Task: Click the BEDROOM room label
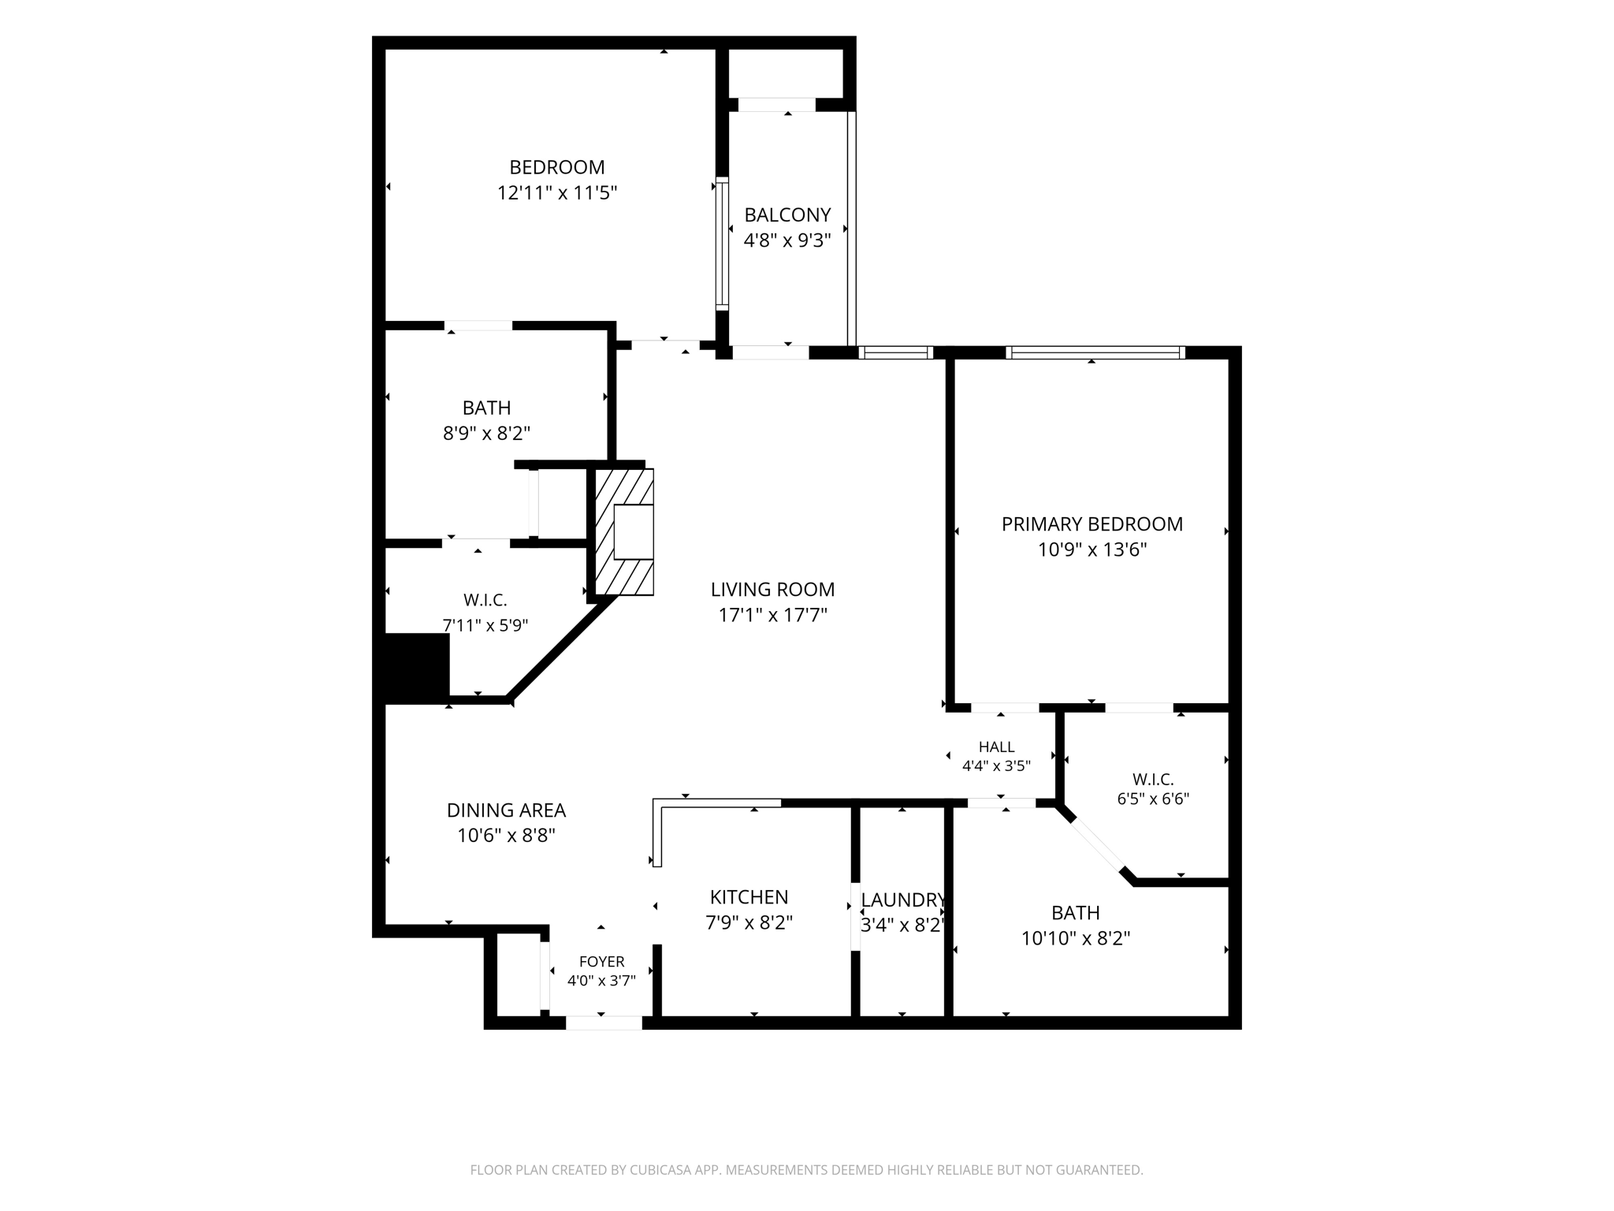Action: coord(557,167)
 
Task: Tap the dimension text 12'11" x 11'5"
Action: coord(557,193)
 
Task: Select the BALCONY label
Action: coord(787,214)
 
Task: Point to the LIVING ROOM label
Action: coord(772,589)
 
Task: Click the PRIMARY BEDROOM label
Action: coord(1091,524)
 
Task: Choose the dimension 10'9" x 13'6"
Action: coord(1091,550)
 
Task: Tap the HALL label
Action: coord(996,747)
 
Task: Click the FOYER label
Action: coord(601,962)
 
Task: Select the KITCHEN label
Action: coord(749,897)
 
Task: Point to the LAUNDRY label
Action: coord(902,900)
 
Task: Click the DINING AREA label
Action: coord(506,810)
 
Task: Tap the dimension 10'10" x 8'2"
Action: coord(1076,938)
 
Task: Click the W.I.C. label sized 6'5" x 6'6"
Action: coord(1153,780)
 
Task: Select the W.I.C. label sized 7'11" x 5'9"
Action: coord(485,601)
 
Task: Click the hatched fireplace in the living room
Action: coord(623,532)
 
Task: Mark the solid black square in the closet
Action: coord(417,667)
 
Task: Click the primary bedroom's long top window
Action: coord(1095,352)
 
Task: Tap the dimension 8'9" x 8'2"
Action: coord(486,434)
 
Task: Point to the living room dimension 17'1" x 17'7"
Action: coord(772,615)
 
